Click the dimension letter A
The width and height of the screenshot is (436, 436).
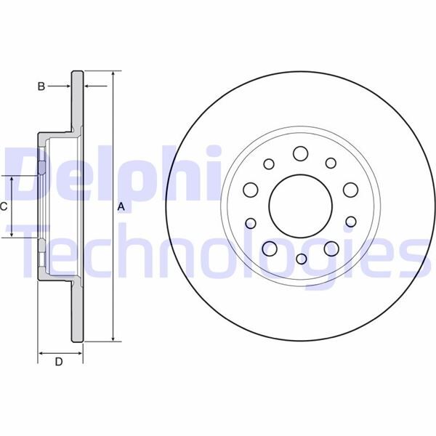coord(122,208)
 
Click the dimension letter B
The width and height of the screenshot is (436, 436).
coord(41,86)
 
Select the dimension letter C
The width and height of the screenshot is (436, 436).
coord(4,206)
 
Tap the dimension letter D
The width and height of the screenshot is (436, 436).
coord(59,362)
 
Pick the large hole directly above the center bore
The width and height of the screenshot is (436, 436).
coord(300,153)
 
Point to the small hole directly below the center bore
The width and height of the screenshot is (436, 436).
coord(301,259)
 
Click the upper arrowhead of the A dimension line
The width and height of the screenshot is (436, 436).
coord(113,75)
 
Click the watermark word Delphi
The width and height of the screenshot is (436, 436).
coord(109,171)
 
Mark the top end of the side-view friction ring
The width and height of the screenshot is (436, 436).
coord(77,73)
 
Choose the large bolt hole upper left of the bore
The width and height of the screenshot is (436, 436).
coord(251,190)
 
